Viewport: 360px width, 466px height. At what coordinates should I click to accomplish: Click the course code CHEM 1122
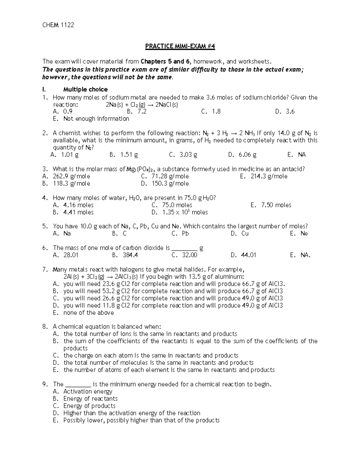58,25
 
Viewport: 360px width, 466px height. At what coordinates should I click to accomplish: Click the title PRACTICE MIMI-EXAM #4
180,46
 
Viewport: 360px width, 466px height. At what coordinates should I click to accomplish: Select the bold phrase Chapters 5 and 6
166,62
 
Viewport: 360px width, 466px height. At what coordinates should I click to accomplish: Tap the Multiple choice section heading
85,89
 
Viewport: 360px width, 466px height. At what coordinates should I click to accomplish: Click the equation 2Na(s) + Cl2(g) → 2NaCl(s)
140,105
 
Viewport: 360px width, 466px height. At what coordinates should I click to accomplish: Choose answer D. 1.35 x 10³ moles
180,212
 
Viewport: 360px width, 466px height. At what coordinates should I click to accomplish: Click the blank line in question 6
184,248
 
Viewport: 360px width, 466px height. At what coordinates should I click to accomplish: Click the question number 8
45,327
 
